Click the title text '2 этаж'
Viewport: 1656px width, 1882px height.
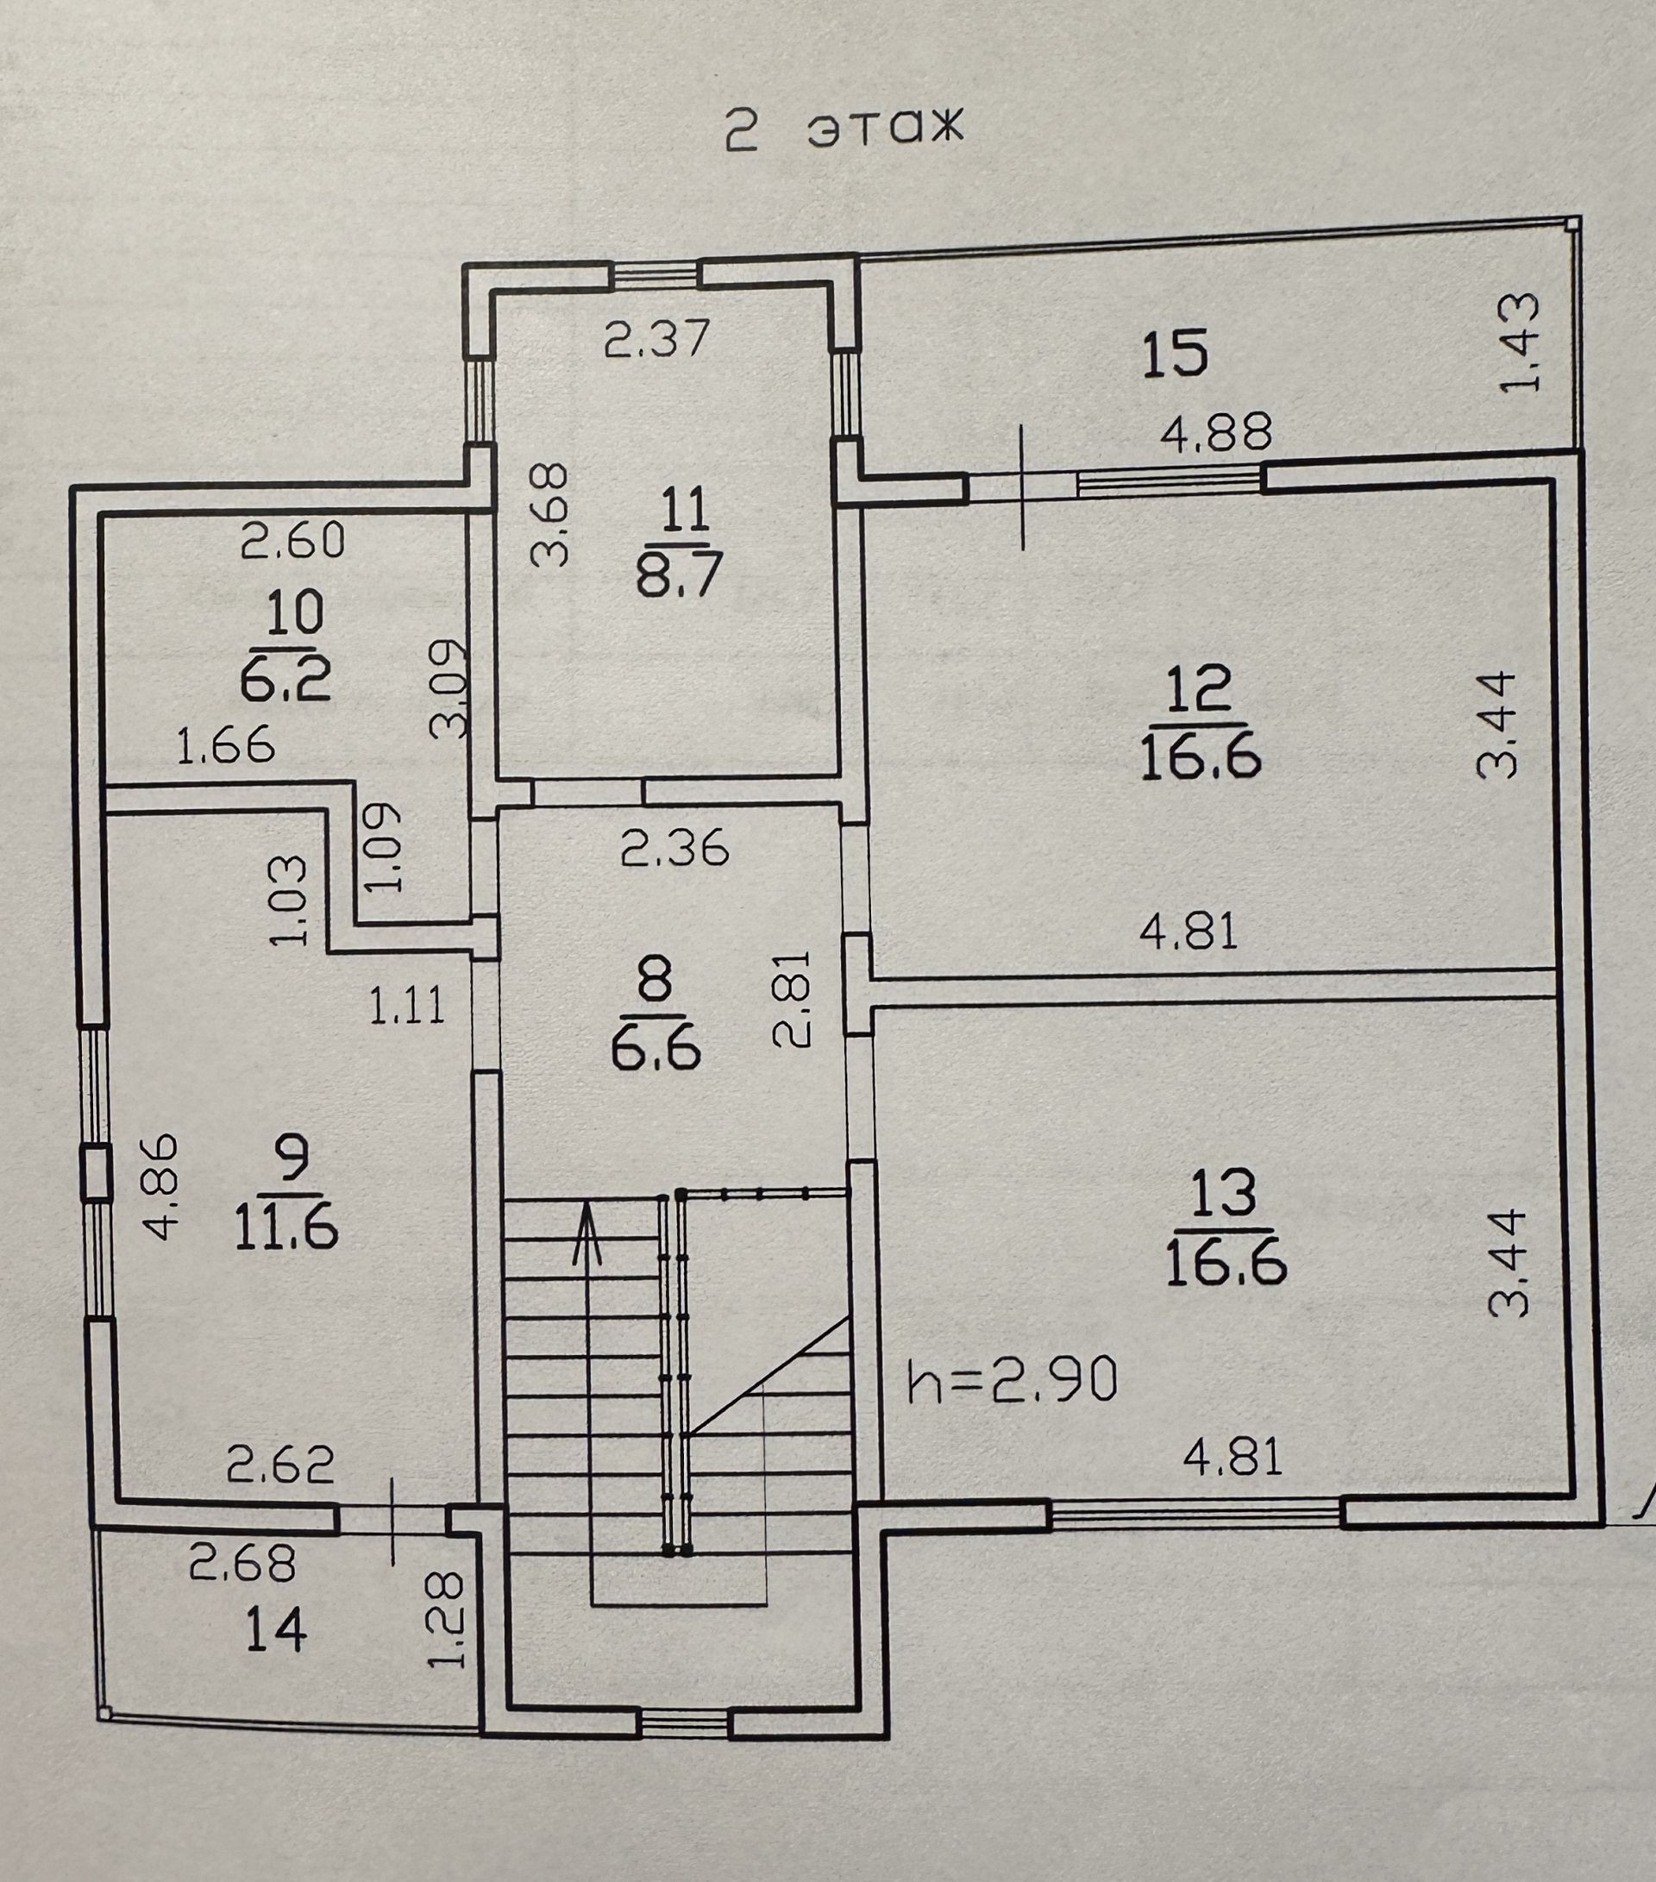[x=843, y=128]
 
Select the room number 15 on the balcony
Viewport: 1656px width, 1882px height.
[x=1175, y=355]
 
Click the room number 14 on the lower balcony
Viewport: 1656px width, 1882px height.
[x=276, y=1633]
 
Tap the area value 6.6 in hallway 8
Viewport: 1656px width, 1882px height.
[x=655, y=1048]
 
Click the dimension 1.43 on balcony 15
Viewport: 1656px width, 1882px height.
[x=1519, y=342]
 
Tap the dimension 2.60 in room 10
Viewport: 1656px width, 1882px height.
[x=292, y=541]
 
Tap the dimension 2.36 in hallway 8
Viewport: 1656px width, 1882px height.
[x=674, y=848]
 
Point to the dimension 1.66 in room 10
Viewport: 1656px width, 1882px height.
[x=225, y=744]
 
